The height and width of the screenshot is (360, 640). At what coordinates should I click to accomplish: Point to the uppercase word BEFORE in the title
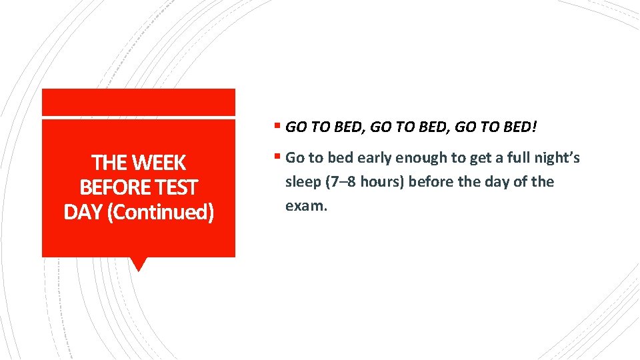point(108,187)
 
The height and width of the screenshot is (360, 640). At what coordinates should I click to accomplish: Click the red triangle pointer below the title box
point(138,264)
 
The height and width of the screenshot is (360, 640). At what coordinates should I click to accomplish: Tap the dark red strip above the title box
point(138,103)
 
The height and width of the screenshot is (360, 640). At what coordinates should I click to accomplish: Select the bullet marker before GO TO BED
point(278,125)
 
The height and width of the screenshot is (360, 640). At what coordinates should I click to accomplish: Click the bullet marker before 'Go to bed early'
point(278,158)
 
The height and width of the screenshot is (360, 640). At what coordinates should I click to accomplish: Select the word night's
point(557,158)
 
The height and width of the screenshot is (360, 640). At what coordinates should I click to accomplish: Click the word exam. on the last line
point(307,206)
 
